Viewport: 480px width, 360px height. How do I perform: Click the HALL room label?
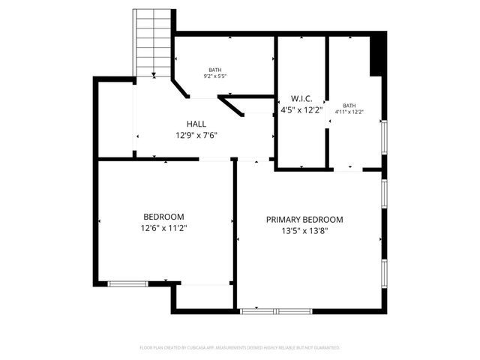click(196, 124)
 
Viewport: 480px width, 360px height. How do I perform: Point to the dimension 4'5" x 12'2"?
click(301, 110)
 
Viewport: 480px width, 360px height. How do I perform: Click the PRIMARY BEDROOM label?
click(304, 220)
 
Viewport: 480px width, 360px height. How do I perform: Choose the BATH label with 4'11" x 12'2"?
click(349, 106)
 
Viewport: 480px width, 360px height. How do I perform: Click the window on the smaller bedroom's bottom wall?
click(128, 283)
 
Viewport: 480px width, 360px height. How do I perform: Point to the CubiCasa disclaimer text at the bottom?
click(240, 348)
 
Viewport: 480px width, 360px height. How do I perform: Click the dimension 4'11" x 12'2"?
click(349, 112)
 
